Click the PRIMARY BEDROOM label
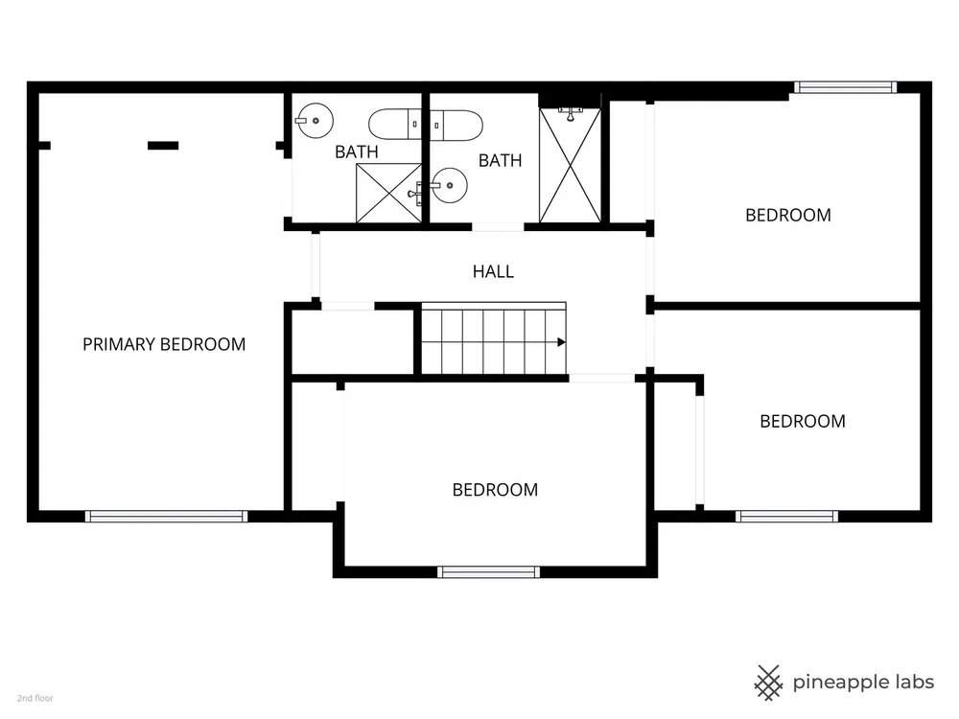point(164,345)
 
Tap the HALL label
point(493,271)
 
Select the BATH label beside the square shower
point(357,151)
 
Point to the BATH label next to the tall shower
point(501,161)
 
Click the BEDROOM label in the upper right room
point(787,215)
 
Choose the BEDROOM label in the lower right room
point(803,421)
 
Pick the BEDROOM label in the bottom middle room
point(495,490)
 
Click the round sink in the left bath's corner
point(315,121)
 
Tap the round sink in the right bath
point(449,185)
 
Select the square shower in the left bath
point(389,194)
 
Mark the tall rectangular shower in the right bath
point(570,165)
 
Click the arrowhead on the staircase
point(561,342)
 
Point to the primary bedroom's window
point(166,517)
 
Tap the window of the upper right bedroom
point(845,87)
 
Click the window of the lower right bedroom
point(786,517)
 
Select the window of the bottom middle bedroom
point(489,572)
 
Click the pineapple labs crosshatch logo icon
point(768,683)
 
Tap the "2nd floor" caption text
point(35,698)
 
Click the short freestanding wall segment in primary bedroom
point(163,146)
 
